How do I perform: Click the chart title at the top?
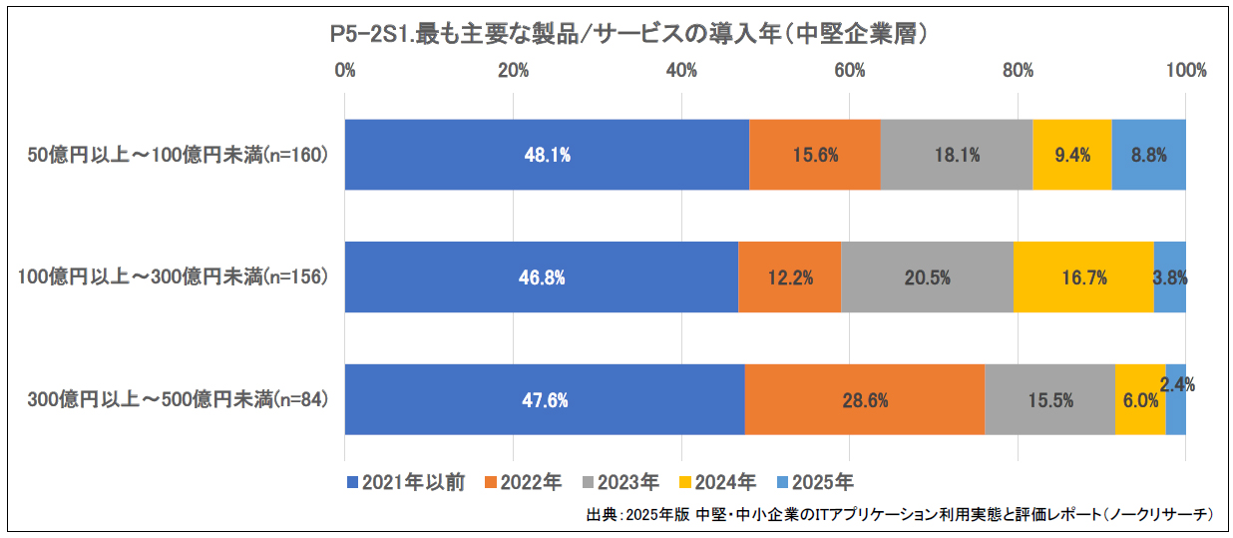pos(629,35)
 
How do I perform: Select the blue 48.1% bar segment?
pos(547,155)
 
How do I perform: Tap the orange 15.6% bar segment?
pos(814,155)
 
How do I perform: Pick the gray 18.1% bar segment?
pos(956,155)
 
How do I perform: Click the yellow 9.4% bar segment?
pos(1071,155)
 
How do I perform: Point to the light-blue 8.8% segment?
pos(1148,155)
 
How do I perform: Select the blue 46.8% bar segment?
pos(541,277)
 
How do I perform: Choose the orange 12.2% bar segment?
pos(789,277)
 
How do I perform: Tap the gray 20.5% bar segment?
pos(927,277)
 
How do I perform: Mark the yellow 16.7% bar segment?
pos(1083,277)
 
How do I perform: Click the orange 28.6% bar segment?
pos(864,399)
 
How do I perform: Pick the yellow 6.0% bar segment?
pos(1139,399)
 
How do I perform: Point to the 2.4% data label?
pos(1177,383)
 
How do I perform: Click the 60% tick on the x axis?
pos(850,71)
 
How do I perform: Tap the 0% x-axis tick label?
pos(345,71)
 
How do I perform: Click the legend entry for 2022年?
pos(523,482)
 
